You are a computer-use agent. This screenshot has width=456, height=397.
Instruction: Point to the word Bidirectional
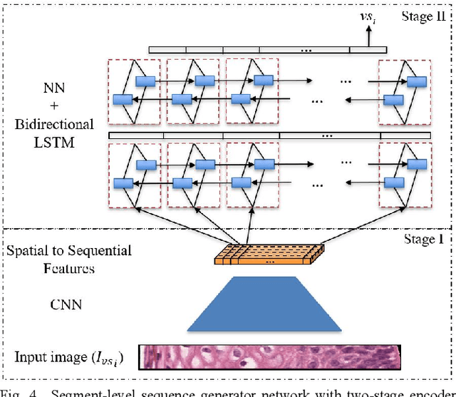pyautogui.click(x=54, y=124)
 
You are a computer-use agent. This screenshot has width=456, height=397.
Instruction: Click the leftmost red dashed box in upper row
pyautogui.click(x=134, y=91)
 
